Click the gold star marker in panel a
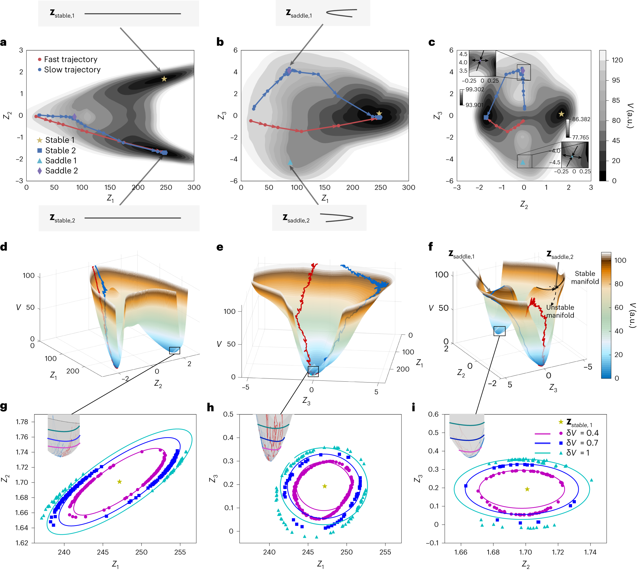(x=164, y=79)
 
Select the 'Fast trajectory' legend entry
(x=67, y=59)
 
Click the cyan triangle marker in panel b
(x=290, y=162)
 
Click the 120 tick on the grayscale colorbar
(x=617, y=60)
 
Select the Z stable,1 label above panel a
(x=62, y=14)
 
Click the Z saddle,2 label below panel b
(x=296, y=218)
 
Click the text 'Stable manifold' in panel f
(x=584, y=277)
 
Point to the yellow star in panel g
(x=119, y=482)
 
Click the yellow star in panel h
(x=324, y=486)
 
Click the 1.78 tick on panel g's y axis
(x=22, y=422)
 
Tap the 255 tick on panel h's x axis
(x=385, y=552)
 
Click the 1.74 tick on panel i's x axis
(x=590, y=552)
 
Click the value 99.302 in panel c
(x=474, y=89)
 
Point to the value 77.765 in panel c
(x=580, y=137)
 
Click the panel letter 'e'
(x=220, y=247)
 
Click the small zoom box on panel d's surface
(x=174, y=350)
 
